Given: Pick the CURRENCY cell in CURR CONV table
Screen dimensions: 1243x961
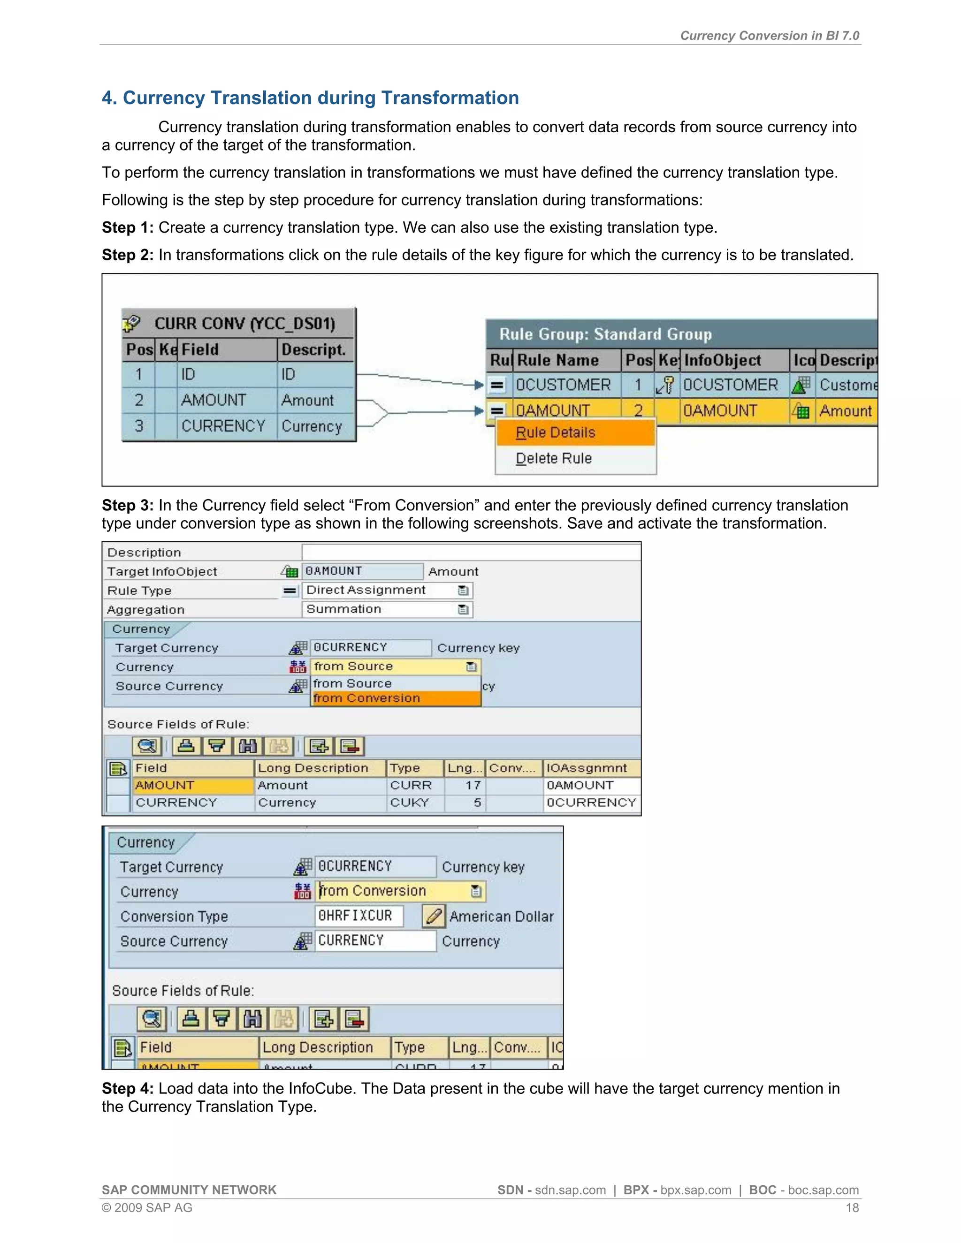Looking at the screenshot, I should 223,426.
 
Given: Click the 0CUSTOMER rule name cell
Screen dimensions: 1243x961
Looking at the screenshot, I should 564,385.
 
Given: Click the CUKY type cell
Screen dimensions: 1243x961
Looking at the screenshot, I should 410,803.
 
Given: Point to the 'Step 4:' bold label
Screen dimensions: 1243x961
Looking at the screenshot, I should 128,1088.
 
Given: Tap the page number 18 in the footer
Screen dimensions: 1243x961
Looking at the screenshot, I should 852,1208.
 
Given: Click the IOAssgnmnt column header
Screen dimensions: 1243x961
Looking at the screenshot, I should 587,768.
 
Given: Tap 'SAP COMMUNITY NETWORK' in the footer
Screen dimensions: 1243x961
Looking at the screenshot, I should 189,1190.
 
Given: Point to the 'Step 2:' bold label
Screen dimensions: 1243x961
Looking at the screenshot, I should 128,255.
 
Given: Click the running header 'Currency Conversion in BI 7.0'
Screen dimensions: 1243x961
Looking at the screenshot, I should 770,36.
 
